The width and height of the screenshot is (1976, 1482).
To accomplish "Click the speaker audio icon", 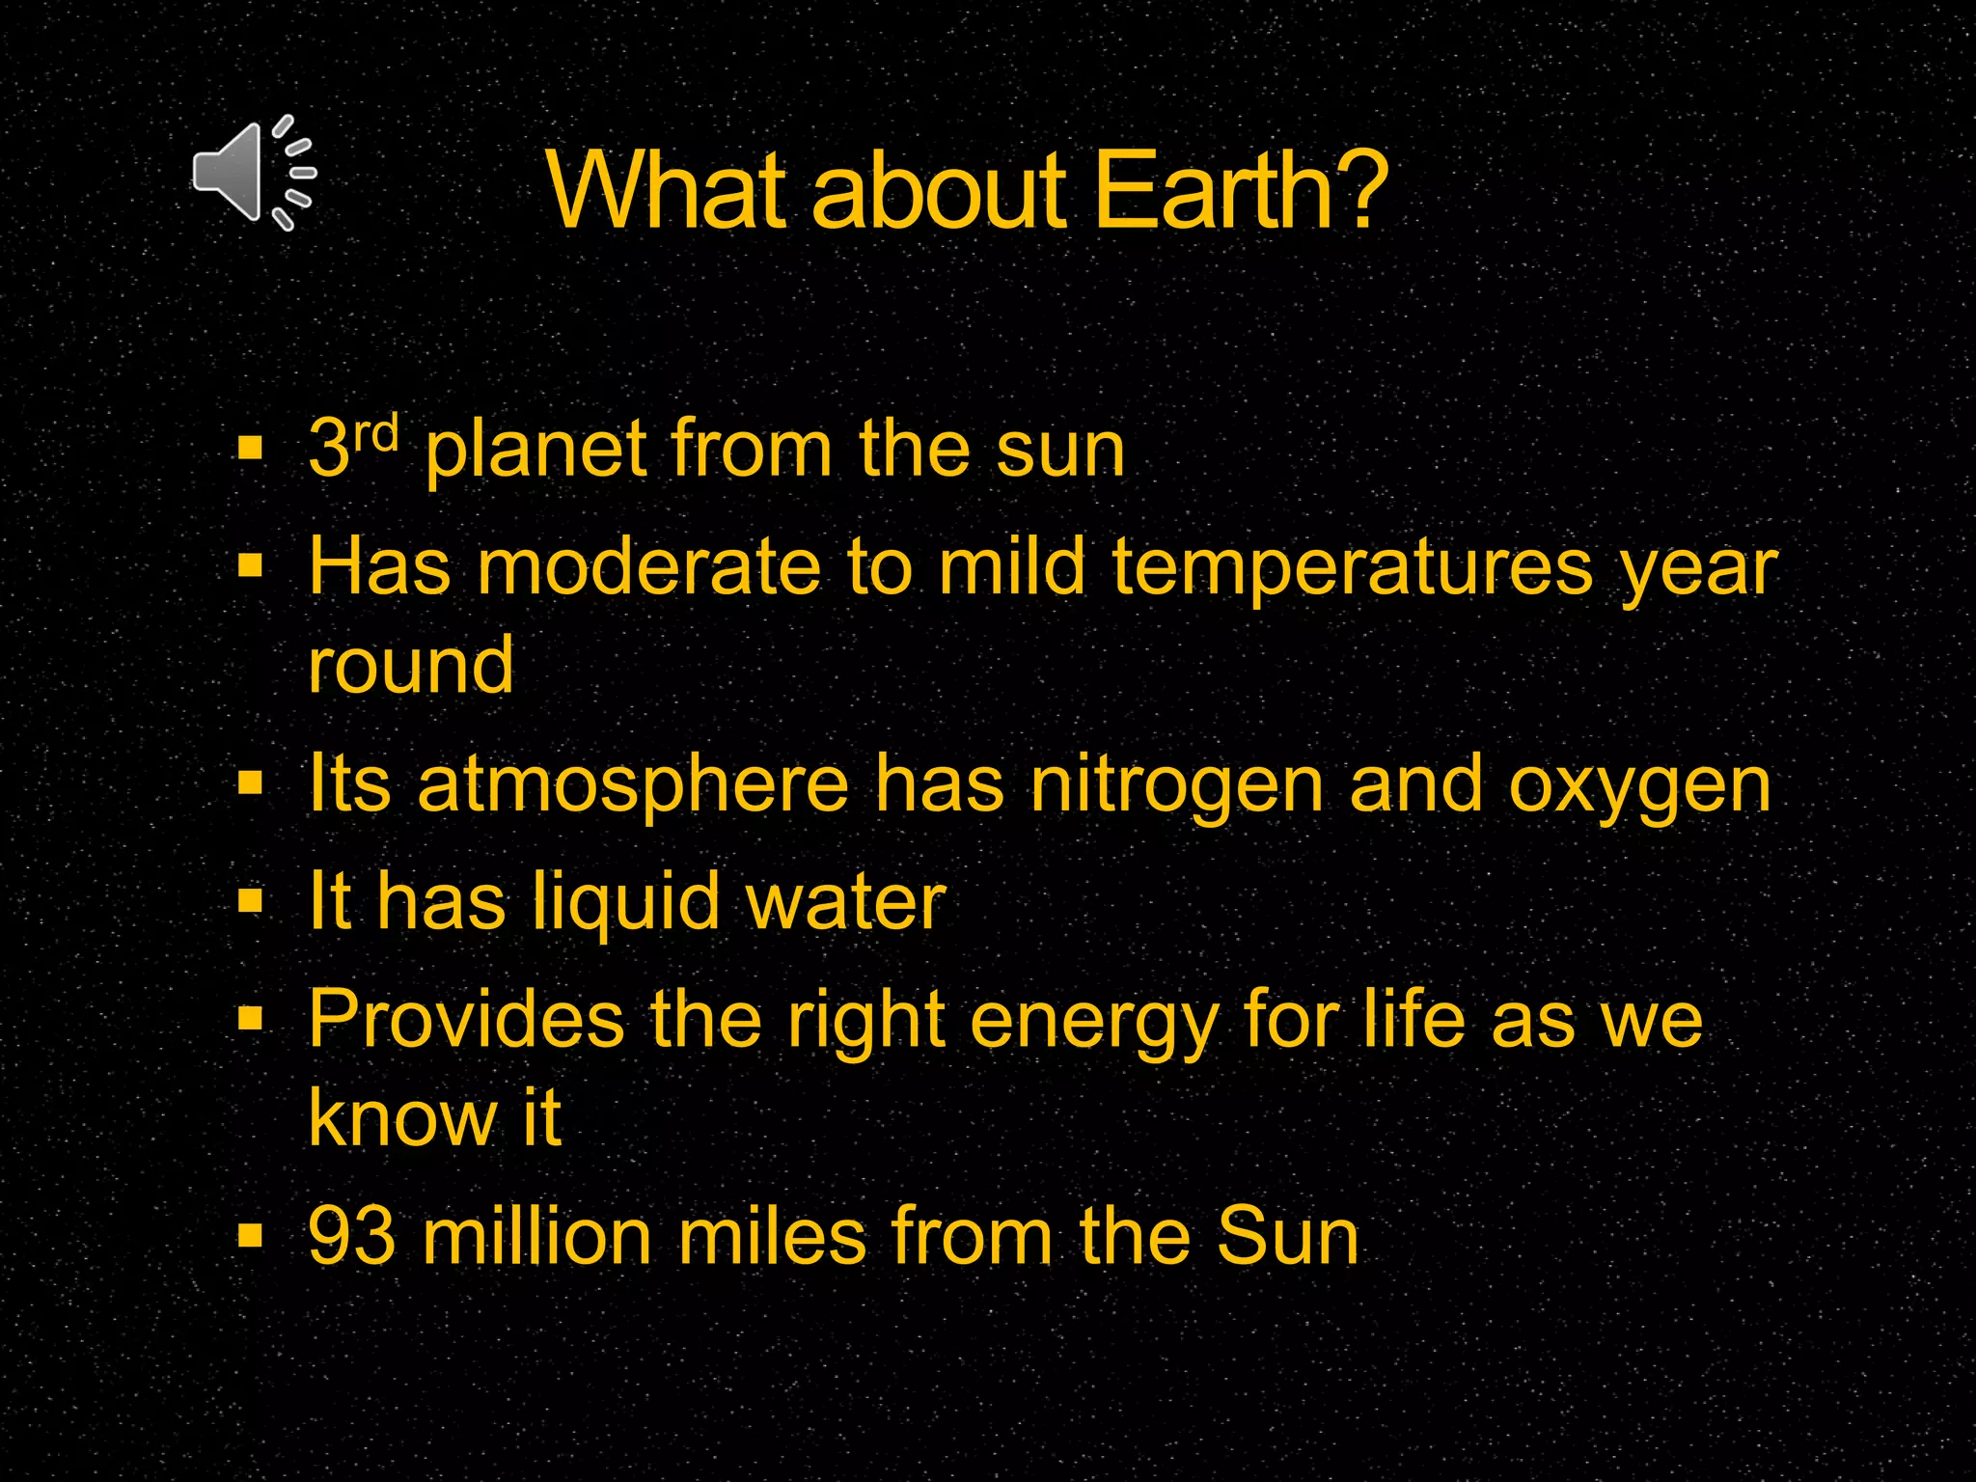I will coord(253,174).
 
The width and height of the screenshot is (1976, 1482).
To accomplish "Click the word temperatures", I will coord(1352,569).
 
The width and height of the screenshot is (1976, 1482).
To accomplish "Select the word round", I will coord(411,666).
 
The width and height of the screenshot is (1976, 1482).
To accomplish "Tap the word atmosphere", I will coord(633,785).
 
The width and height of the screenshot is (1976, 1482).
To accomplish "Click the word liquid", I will coord(626,903).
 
